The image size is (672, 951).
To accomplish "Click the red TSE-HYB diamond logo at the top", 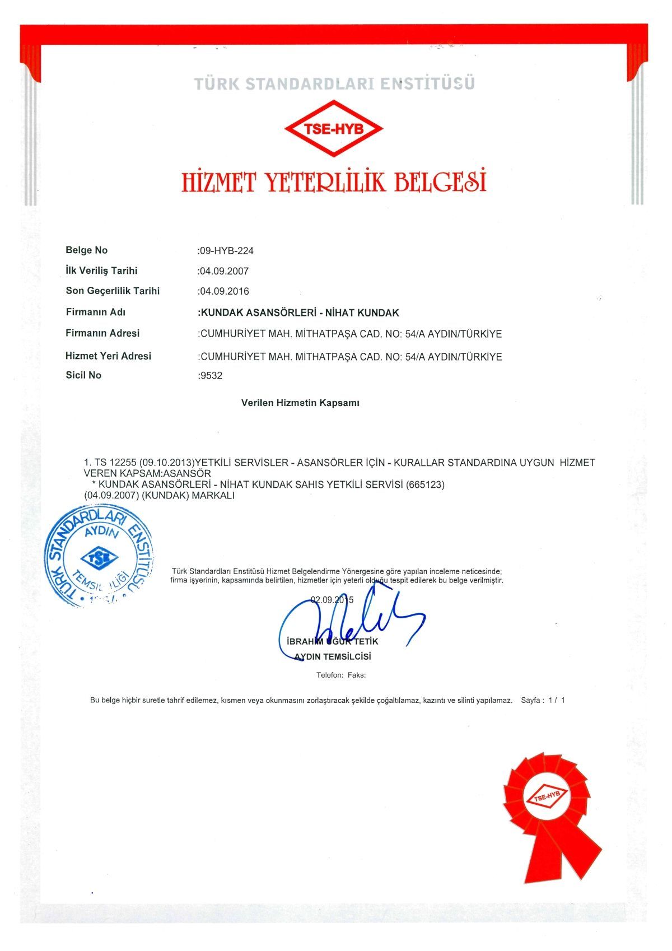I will coord(334,129).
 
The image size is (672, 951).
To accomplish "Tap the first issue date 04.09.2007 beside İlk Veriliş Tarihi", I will coord(224,271).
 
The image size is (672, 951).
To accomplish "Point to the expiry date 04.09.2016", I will coord(224,291).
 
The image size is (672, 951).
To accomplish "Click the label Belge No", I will coord(86,250).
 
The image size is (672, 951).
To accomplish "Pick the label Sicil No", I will coord(83,375).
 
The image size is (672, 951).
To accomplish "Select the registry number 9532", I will coord(211,376).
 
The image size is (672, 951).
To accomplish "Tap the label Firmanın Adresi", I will coord(102,333).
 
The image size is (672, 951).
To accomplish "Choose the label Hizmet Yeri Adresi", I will coord(108,356).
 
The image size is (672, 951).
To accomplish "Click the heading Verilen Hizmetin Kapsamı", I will coord(300,403).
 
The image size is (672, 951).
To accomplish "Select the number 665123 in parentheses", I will coord(425,484).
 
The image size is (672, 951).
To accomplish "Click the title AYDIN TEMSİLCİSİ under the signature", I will coord(333,656).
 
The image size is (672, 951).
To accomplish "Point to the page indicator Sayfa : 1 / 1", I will coord(543,700).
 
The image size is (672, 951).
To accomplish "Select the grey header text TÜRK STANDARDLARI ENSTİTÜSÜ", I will coord(334,84).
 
